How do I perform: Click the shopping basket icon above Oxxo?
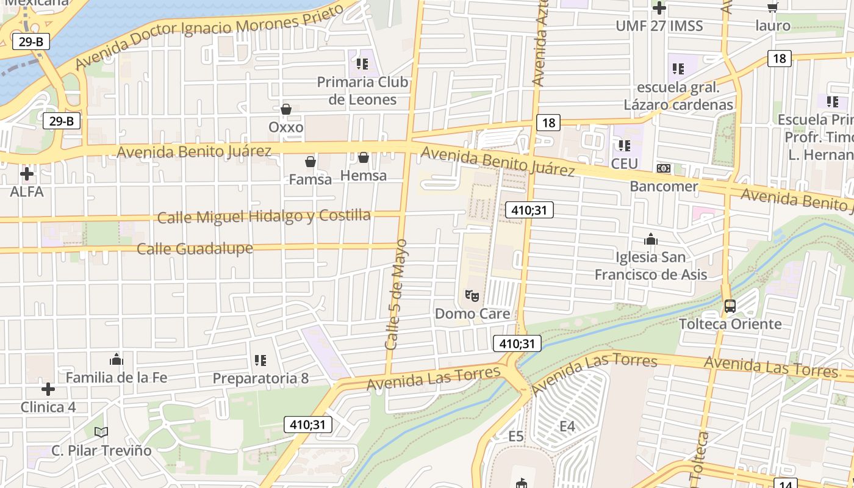pyautogui.click(x=285, y=109)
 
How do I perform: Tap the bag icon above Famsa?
pyautogui.click(x=310, y=162)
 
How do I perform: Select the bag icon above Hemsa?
pyautogui.click(x=364, y=158)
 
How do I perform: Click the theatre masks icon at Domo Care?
pyautogui.click(x=472, y=296)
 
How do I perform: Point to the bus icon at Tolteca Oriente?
pyautogui.click(x=730, y=306)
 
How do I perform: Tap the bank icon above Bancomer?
pyautogui.click(x=663, y=168)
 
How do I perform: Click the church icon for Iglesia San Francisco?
pyautogui.click(x=651, y=239)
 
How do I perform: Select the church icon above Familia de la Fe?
pyautogui.click(x=117, y=359)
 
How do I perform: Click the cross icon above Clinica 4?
pyautogui.click(x=48, y=389)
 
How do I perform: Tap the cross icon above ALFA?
pyautogui.click(x=27, y=174)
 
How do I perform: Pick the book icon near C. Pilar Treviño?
pyautogui.click(x=101, y=432)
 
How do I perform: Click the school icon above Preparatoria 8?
pyautogui.click(x=260, y=361)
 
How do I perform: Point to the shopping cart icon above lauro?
pyautogui.click(x=773, y=7)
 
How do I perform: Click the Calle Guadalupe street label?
pyautogui.click(x=195, y=249)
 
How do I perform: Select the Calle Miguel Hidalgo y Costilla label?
pyautogui.click(x=264, y=217)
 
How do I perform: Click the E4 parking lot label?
pyautogui.click(x=567, y=426)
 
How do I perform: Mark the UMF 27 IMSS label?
pyautogui.click(x=659, y=26)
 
